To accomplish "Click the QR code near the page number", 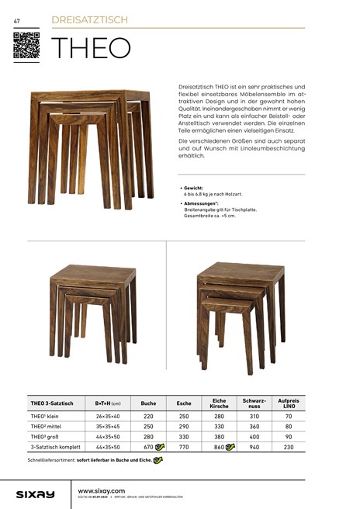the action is (x=26, y=46).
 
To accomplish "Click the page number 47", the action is (x=16, y=19).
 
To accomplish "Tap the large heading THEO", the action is (x=90, y=48).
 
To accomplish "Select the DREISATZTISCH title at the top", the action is (x=89, y=19).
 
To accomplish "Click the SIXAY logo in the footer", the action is (x=36, y=493).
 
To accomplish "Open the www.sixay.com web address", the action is (x=102, y=490).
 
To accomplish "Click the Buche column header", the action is (x=148, y=403).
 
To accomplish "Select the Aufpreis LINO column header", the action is (x=289, y=403).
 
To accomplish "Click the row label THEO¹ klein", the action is (x=46, y=417).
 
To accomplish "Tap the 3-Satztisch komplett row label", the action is (x=55, y=447).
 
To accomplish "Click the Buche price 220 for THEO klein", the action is (x=148, y=417).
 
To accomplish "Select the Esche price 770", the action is (x=184, y=447).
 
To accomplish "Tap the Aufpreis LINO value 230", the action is (x=289, y=447).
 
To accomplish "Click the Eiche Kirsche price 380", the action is (x=219, y=437).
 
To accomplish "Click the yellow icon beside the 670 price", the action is (x=160, y=447).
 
